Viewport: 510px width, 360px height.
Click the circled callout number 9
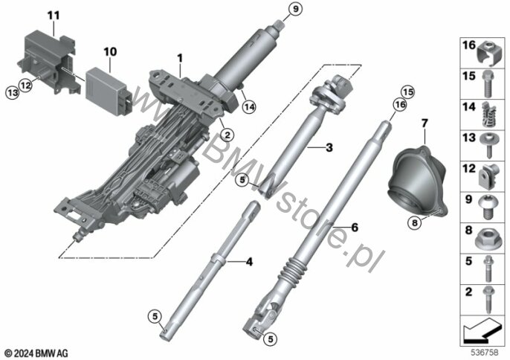click(x=295, y=9)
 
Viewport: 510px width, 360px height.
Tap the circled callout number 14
click(x=249, y=107)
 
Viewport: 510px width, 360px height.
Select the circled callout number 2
click(x=227, y=135)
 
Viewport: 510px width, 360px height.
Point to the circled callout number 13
click(x=13, y=93)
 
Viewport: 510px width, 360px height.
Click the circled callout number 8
click(x=414, y=223)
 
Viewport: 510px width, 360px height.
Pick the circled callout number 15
click(x=408, y=92)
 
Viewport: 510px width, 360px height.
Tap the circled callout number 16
click(x=400, y=104)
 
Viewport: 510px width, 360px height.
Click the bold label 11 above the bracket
click(x=54, y=16)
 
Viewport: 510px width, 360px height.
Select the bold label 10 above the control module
click(x=110, y=52)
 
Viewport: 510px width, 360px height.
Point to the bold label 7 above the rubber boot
click(x=425, y=123)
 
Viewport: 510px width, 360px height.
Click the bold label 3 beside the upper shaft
click(x=329, y=147)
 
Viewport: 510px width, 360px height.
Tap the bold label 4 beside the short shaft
click(x=249, y=262)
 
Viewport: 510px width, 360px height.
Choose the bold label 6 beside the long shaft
click(x=355, y=227)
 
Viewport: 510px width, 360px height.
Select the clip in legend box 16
click(x=488, y=53)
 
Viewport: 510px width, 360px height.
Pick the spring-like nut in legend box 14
click(x=488, y=115)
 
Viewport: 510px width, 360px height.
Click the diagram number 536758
click(x=485, y=353)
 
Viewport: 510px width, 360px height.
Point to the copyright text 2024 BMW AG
click(x=36, y=353)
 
